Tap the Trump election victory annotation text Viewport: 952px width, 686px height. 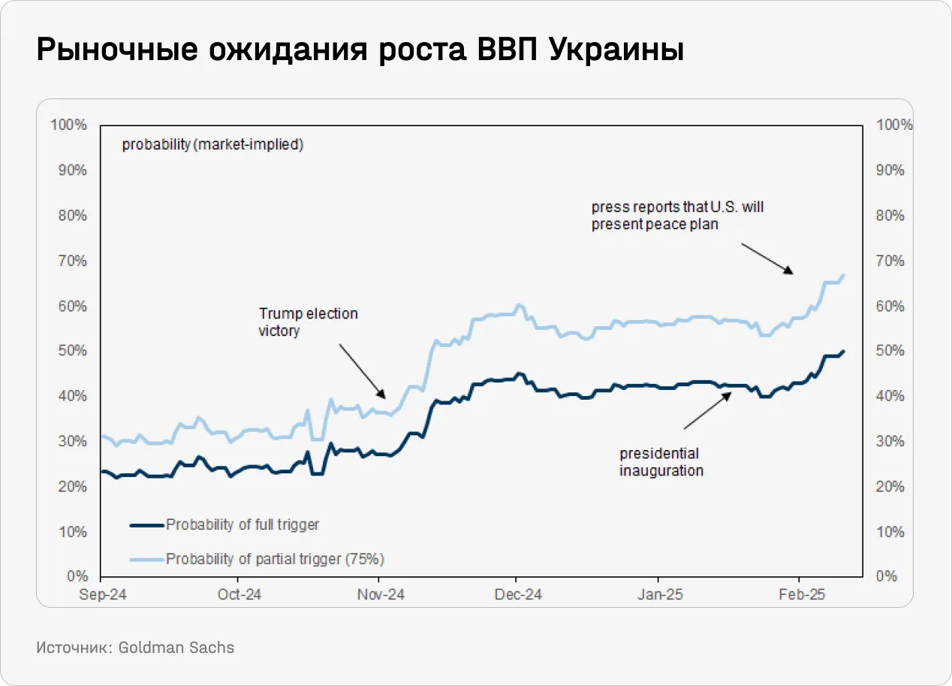308,322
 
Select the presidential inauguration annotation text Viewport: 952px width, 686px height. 661,462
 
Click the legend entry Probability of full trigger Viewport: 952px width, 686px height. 243,524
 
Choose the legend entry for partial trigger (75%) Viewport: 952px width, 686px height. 275,559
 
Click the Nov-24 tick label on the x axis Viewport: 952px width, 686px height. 381,594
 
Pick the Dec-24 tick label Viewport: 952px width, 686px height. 518,594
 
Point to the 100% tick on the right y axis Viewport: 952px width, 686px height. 895,125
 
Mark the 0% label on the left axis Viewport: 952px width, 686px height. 77,576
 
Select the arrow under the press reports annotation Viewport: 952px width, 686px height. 767,258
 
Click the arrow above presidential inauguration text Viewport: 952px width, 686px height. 707,410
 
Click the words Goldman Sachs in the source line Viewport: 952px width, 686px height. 176,647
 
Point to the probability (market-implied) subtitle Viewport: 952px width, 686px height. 212,145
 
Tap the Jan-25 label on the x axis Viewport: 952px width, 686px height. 659,594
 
